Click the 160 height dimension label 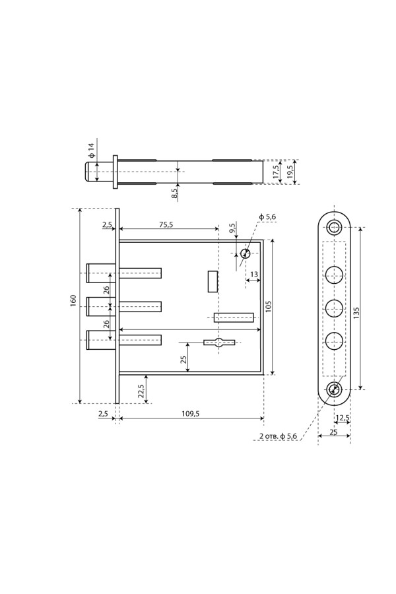click(x=73, y=300)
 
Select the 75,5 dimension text click(x=166, y=224)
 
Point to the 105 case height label click(x=269, y=306)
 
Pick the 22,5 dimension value click(x=141, y=391)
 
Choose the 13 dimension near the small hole click(x=254, y=275)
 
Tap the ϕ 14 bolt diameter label click(x=91, y=150)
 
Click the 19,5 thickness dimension click(x=290, y=172)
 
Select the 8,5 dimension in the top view click(x=174, y=193)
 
